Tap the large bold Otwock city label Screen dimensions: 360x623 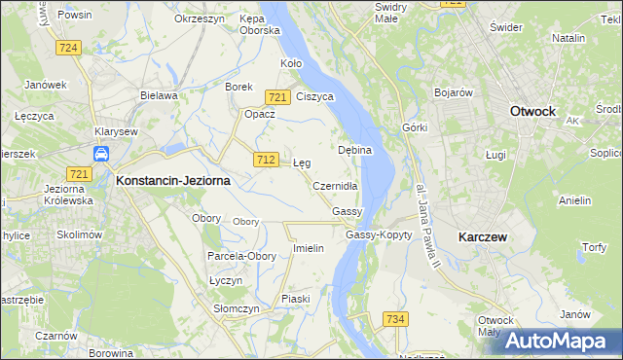[532, 112]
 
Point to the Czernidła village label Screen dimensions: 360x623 [336, 186]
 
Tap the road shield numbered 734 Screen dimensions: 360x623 [395, 320]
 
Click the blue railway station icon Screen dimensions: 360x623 [101, 154]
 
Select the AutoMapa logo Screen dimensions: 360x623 [561, 341]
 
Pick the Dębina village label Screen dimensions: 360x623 [355, 151]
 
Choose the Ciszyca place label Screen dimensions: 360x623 [315, 97]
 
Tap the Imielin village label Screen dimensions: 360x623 [308, 248]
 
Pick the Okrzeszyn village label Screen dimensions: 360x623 [199, 18]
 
